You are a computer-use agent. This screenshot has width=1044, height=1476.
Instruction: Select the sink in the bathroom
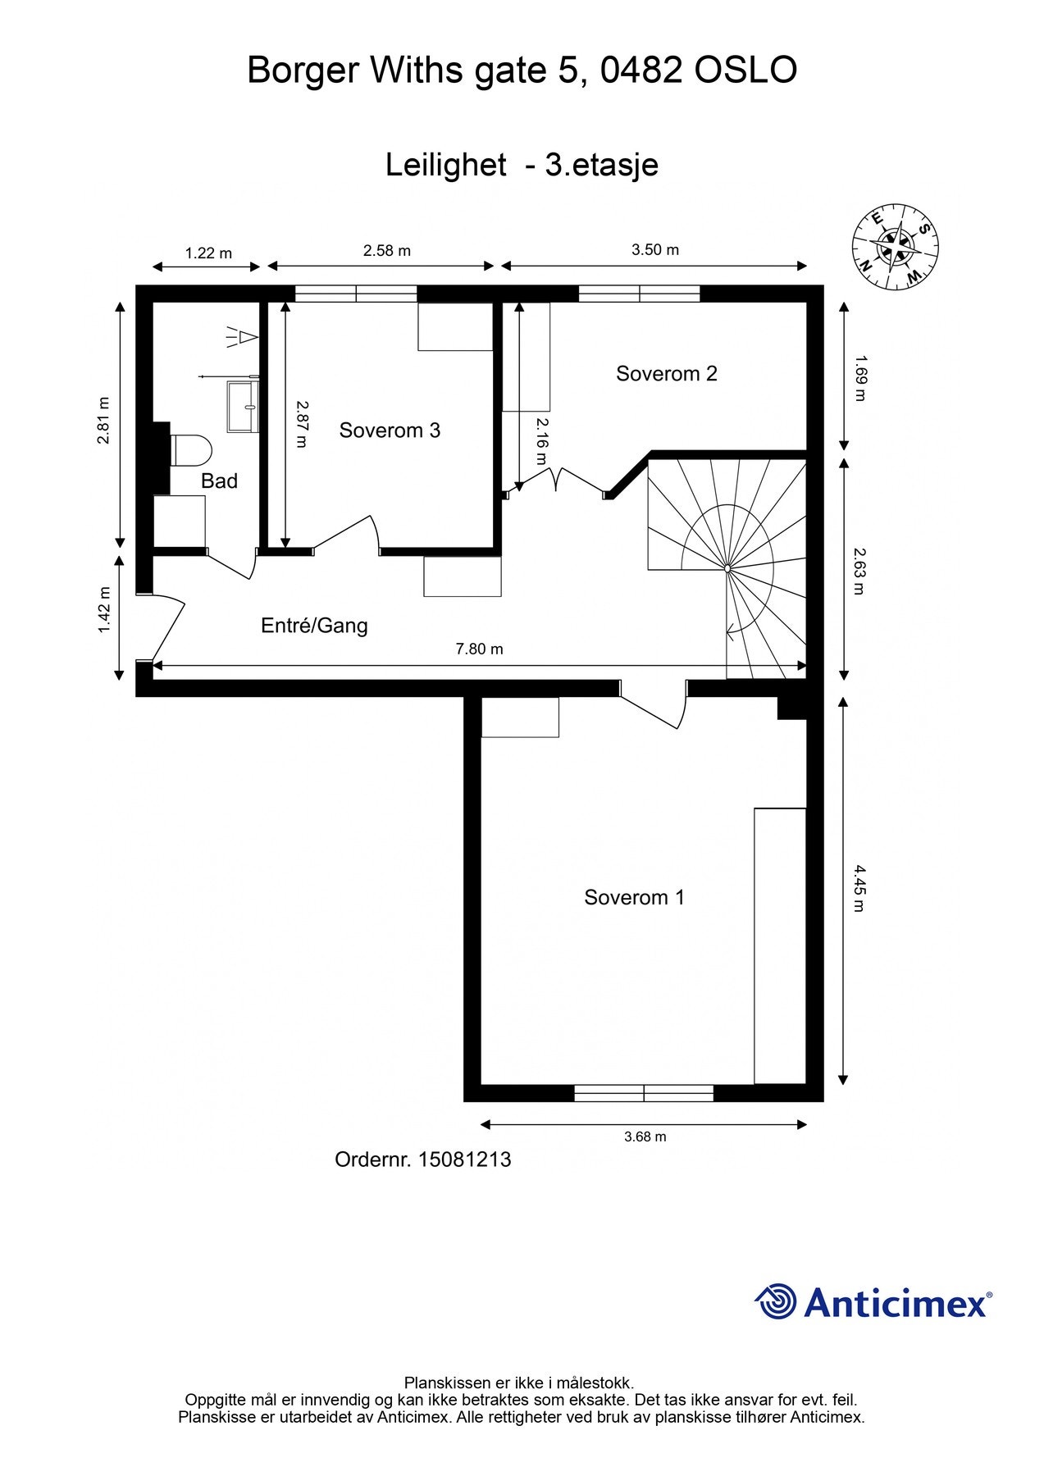(x=243, y=407)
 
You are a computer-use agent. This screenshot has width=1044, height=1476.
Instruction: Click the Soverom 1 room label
(x=634, y=897)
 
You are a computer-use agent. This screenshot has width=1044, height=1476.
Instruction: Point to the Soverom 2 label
(x=667, y=374)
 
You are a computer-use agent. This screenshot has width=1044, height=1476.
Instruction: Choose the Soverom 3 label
(x=390, y=430)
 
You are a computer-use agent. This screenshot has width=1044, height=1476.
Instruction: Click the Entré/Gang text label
(x=314, y=626)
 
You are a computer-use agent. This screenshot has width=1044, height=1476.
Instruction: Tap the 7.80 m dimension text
(x=480, y=649)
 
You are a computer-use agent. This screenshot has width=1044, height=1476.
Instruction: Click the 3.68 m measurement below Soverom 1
(x=645, y=1137)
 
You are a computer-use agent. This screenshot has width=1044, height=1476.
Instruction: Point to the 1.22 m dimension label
(x=208, y=253)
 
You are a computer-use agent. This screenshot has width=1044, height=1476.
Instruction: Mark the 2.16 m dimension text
(x=541, y=441)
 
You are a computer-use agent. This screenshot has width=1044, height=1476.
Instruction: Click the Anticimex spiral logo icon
(x=776, y=1301)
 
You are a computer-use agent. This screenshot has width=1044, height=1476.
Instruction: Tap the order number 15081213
(x=465, y=1159)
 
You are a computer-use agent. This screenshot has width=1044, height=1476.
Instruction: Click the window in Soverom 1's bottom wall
(x=644, y=1093)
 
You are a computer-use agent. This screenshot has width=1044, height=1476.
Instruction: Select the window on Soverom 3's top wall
(x=356, y=294)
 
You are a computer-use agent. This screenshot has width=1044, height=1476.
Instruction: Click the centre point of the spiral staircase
(x=727, y=567)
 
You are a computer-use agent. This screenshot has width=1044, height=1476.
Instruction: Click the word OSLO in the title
(x=745, y=71)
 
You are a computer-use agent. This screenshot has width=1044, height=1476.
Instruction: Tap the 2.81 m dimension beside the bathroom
(x=103, y=421)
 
